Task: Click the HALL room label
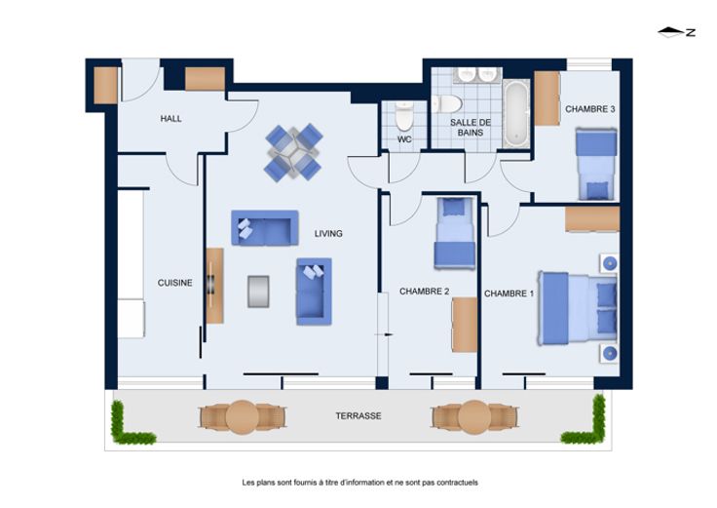(x=171, y=119)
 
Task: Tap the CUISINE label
(x=174, y=283)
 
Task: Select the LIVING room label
(x=328, y=233)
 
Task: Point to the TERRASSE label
(x=358, y=416)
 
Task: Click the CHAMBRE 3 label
(x=590, y=109)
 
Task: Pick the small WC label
(x=404, y=139)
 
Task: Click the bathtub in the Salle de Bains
(x=516, y=113)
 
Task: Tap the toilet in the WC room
(x=404, y=116)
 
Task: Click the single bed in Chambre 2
(x=455, y=232)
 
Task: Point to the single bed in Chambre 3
(x=596, y=164)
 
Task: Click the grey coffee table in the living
(x=258, y=292)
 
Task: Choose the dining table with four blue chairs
(x=293, y=152)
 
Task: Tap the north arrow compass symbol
(x=677, y=32)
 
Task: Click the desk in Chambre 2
(x=465, y=325)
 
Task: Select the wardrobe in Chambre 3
(x=547, y=98)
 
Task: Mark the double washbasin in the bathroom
(x=477, y=75)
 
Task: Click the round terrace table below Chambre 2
(x=474, y=417)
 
